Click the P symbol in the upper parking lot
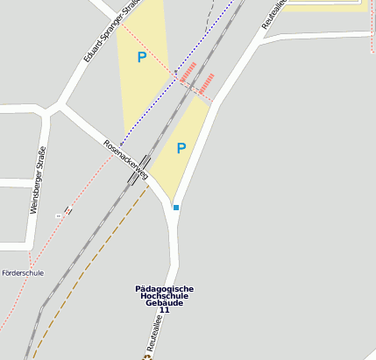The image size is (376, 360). pyautogui.click(x=141, y=58)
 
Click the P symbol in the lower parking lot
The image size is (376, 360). pyautogui.click(x=181, y=148)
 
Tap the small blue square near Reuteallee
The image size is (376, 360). pyautogui.click(x=176, y=208)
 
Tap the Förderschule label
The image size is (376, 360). pyautogui.click(x=22, y=273)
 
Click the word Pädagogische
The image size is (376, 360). pyautogui.click(x=165, y=289)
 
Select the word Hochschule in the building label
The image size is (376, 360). pyautogui.click(x=164, y=296)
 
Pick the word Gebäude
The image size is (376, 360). pyautogui.click(x=164, y=303)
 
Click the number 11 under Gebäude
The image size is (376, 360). pyautogui.click(x=164, y=310)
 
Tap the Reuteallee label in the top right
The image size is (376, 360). pyautogui.click(x=273, y=15)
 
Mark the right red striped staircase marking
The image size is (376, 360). pyautogui.click(x=206, y=84)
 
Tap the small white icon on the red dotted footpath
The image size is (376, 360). pyautogui.click(x=58, y=215)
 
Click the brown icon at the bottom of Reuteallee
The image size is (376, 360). pyautogui.click(x=147, y=356)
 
